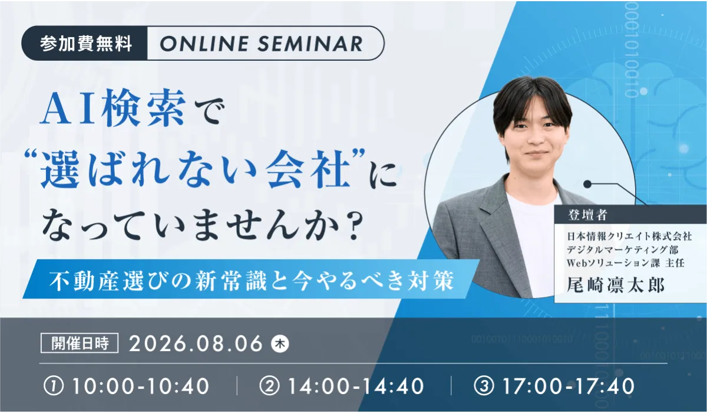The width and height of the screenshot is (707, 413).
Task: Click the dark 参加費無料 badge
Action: [x=85, y=43]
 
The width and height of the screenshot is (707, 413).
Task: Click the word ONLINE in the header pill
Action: [x=204, y=44]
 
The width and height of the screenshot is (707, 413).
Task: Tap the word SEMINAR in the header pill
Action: [x=310, y=44]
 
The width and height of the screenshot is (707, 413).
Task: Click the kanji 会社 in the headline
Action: [x=308, y=169]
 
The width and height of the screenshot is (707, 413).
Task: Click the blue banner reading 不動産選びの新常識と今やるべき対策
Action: [x=251, y=279]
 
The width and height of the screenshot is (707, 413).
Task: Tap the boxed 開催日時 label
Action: [x=80, y=343]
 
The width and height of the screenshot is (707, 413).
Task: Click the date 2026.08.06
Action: [x=196, y=343]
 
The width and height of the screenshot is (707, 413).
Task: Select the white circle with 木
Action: [x=280, y=344]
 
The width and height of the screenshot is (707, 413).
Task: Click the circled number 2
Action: [x=269, y=386]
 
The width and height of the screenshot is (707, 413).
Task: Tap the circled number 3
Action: [x=484, y=386]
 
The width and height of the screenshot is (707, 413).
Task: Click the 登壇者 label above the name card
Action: [x=587, y=215]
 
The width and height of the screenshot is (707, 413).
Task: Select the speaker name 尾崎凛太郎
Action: [x=616, y=286]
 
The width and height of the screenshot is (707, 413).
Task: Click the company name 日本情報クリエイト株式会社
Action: [x=630, y=236]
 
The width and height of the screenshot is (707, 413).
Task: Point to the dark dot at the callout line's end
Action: [x=587, y=184]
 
